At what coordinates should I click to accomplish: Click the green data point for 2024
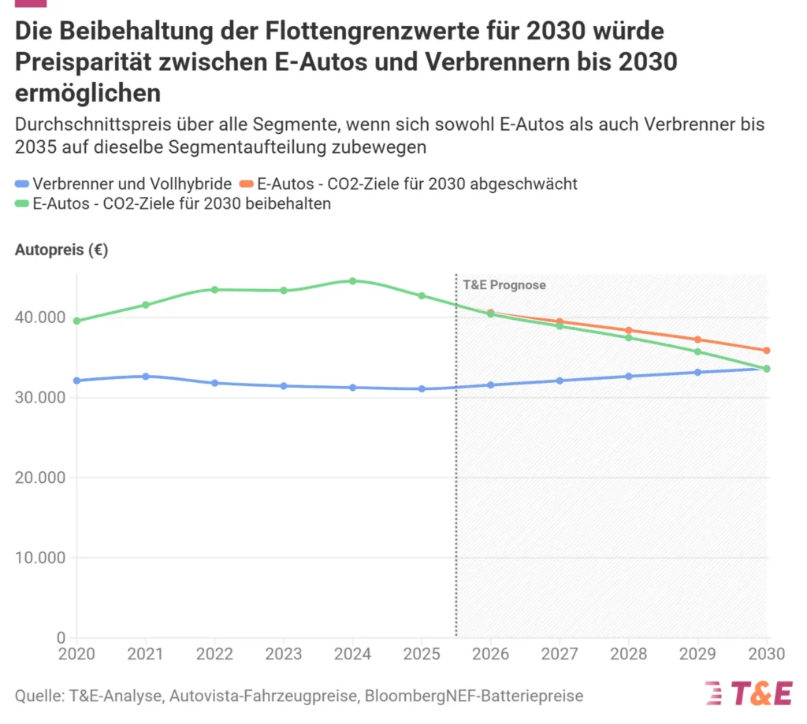tap(352, 281)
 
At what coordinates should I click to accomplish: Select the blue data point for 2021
tap(145, 377)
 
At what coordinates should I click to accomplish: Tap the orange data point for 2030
tap(767, 351)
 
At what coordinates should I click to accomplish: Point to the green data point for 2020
tap(76, 321)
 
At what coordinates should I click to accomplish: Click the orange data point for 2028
tap(629, 330)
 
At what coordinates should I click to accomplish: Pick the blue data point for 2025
tap(422, 388)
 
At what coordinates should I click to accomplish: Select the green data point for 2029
tap(697, 351)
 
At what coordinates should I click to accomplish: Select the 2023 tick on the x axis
tap(284, 654)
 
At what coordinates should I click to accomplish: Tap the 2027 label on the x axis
tap(560, 654)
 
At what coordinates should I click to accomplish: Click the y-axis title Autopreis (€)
tap(61, 251)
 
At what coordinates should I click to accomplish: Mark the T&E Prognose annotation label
tap(504, 285)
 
